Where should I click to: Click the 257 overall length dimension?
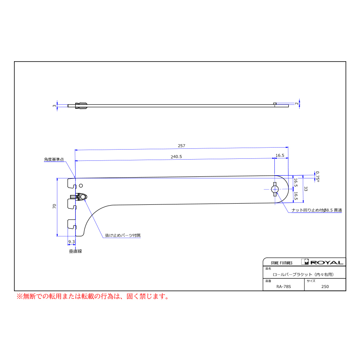[181, 146]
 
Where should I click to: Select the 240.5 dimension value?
[176, 156]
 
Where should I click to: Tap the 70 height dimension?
[54, 206]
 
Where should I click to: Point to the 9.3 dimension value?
[72, 242]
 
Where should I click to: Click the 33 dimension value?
[306, 189]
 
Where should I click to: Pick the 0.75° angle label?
[317, 176]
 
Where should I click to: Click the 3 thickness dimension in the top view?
[54, 106]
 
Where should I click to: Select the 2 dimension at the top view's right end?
[297, 104]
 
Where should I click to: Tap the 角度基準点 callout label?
[54, 159]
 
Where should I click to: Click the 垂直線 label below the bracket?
[76, 251]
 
